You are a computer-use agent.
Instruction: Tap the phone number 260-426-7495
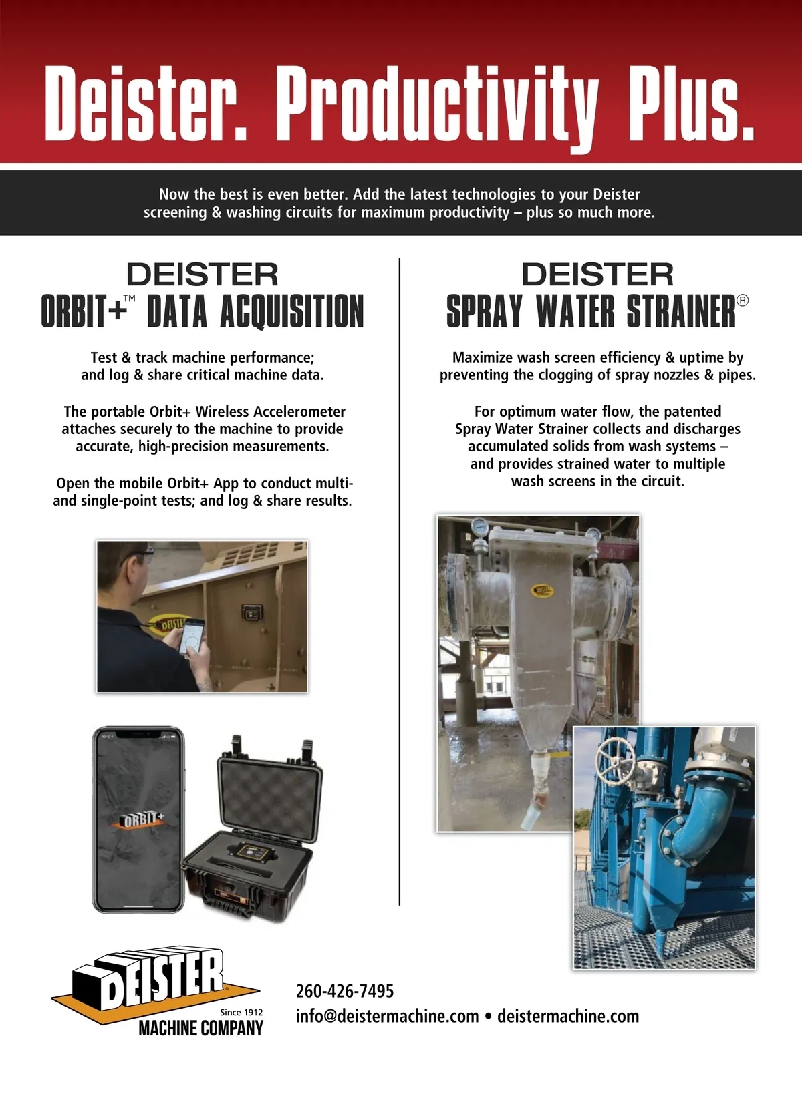click(345, 991)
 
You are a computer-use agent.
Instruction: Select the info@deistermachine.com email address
click(387, 1016)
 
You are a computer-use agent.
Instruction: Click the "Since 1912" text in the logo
click(241, 1012)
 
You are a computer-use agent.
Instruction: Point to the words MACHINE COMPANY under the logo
click(200, 1028)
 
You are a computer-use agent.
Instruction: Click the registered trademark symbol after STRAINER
click(743, 301)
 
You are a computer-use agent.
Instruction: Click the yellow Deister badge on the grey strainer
click(542, 590)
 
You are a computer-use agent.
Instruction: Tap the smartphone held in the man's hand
click(192, 636)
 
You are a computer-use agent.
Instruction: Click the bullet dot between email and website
click(489, 1017)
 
